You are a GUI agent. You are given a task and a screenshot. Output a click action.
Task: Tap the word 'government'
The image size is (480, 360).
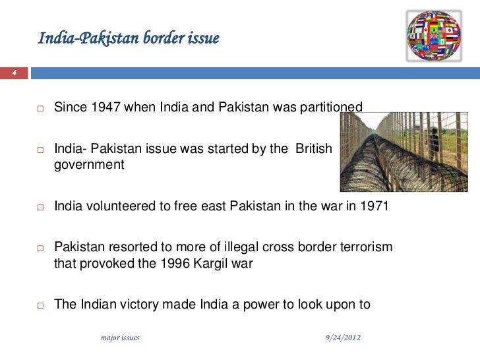click(x=89, y=165)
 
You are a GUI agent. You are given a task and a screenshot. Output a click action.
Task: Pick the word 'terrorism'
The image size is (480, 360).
click(x=366, y=247)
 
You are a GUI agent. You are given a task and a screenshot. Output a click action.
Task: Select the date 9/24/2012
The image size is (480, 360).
click(x=344, y=338)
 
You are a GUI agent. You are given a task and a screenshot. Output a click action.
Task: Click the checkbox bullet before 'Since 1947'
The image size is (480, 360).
click(x=40, y=107)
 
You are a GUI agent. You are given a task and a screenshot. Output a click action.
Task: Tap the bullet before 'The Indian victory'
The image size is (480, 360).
click(x=40, y=305)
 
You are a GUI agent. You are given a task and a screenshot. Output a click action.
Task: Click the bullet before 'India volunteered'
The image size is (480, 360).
click(x=40, y=207)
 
